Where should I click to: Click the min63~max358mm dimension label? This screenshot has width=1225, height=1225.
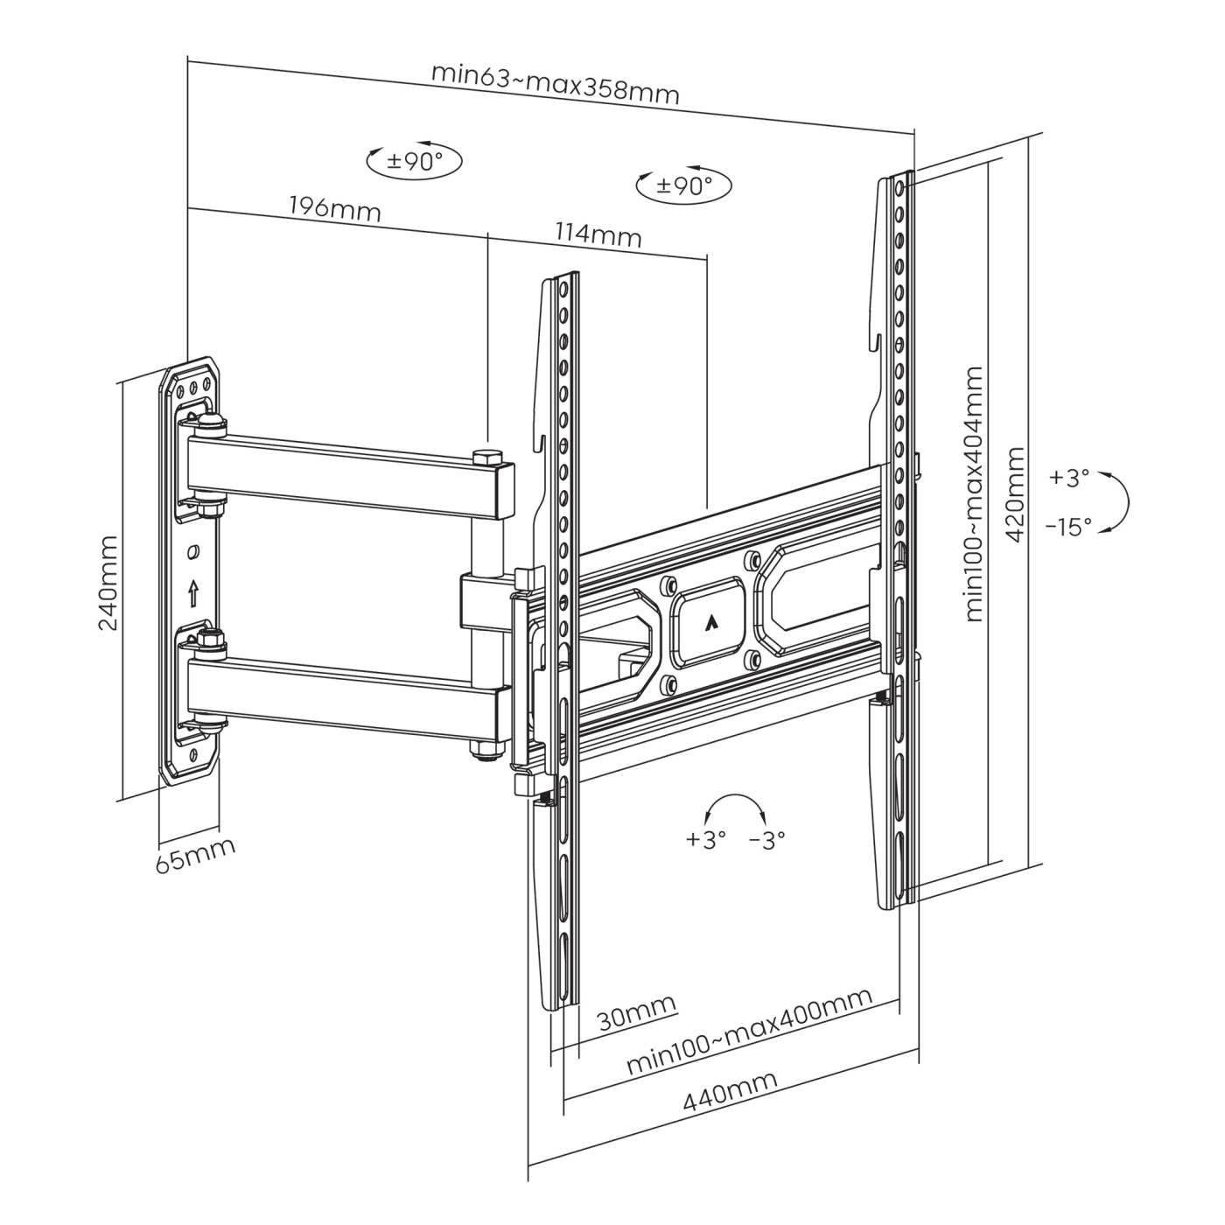[x=555, y=84]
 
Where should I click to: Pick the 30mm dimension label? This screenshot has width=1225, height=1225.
[x=637, y=1019]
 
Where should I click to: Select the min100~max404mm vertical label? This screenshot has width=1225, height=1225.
[x=975, y=494]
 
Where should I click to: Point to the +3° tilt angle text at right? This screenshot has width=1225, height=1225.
[x=1069, y=478]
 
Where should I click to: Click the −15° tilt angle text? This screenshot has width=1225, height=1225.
[x=1068, y=527]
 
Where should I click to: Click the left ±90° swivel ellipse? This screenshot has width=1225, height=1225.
[x=414, y=161]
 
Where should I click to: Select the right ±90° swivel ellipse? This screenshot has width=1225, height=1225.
[x=684, y=185]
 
